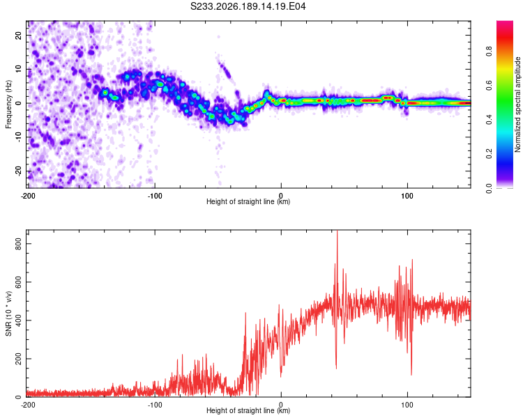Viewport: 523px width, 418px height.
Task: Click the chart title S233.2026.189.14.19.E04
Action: pyautogui.click(x=248, y=6)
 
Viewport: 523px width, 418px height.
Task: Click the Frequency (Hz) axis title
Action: pyautogui.click(x=8, y=104)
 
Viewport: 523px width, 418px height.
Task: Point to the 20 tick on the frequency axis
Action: pyautogui.click(x=18, y=35)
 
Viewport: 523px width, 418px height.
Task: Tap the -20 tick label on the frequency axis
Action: pyautogui.click(x=18, y=171)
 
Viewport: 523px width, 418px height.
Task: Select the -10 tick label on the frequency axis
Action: pyautogui.click(x=18, y=137)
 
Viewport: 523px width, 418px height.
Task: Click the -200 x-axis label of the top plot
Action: pyautogui.click(x=28, y=196)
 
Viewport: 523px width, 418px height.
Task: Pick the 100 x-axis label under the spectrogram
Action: pyautogui.click(x=407, y=196)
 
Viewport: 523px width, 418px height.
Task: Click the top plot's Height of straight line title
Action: pyautogui.click(x=248, y=201)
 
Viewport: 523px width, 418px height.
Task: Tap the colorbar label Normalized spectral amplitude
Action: pyautogui.click(x=517, y=104)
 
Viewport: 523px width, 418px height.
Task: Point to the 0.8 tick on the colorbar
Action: pyautogui.click(x=489, y=52)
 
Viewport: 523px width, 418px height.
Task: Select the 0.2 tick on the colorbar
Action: pyautogui.click(x=489, y=154)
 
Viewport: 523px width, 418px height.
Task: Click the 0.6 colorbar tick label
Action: pyautogui.click(x=489, y=85)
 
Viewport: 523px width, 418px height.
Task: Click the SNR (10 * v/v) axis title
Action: pyautogui.click(x=8, y=313)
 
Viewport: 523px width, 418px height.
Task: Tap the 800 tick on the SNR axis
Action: pyautogui.click(x=18, y=244)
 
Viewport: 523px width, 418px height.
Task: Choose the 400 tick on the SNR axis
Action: pyautogui.click(x=18, y=320)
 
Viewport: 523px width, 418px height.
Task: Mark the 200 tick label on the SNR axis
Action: pyautogui.click(x=18, y=359)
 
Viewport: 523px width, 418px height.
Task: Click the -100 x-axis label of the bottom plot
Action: pyautogui.click(x=155, y=405)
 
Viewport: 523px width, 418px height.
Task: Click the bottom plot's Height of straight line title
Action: pyautogui.click(x=248, y=410)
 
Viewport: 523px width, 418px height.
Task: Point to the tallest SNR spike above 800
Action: pyautogui.click(x=338, y=231)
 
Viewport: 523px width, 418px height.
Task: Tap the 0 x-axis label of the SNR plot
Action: pyautogui.click(x=281, y=405)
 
